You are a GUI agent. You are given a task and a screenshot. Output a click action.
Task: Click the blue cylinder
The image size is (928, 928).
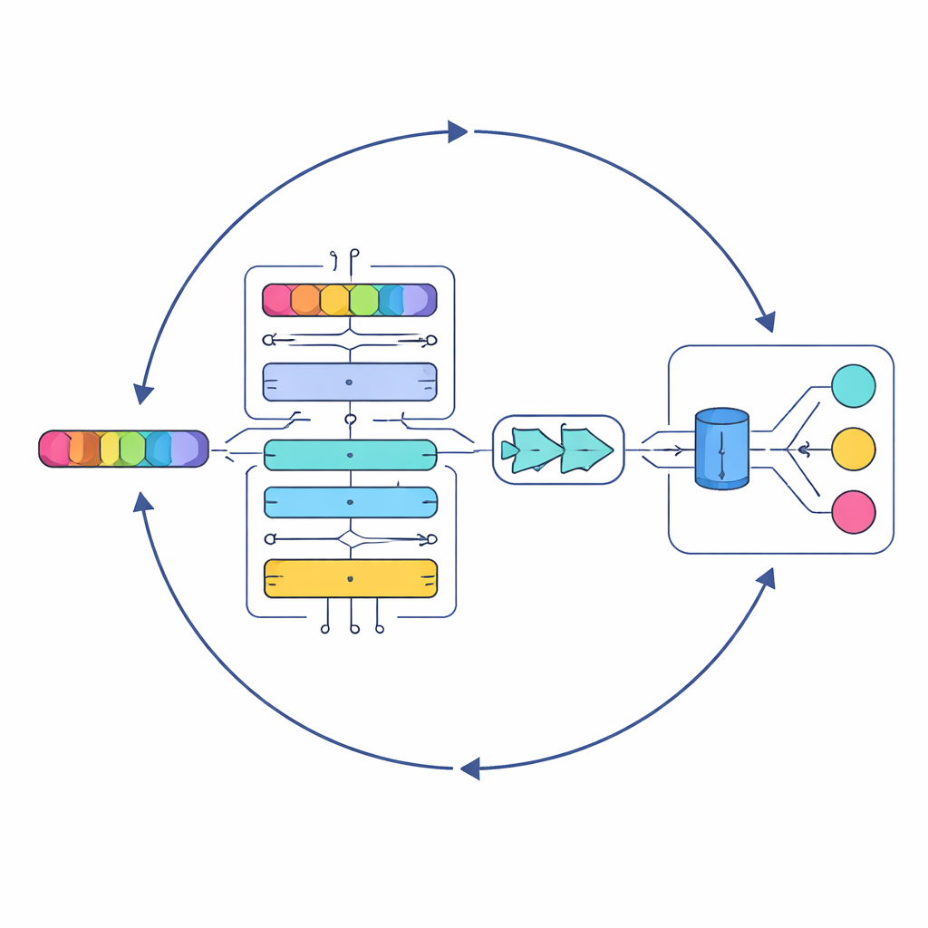coord(721,449)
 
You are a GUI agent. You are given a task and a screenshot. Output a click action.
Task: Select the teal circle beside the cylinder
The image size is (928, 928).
coord(853,386)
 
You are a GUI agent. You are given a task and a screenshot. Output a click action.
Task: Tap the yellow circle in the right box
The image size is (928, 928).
coord(853,449)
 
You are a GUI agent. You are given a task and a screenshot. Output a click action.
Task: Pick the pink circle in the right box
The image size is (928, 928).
coord(853,512)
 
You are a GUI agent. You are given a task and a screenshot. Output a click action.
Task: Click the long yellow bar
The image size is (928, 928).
coord(350,578)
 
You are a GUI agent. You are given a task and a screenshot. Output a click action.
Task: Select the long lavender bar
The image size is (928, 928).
coord(350,382)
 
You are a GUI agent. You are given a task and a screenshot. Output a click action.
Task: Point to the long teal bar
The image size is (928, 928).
coord(350,455)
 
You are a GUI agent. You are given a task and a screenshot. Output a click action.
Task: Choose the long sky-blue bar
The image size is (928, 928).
coord(350,502)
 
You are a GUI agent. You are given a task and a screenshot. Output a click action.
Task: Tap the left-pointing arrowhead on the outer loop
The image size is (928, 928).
coord(469,769)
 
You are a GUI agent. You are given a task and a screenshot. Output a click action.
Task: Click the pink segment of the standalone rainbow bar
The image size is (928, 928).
coord(54,449)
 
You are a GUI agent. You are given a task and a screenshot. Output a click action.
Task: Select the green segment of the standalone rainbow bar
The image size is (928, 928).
coord(132,449)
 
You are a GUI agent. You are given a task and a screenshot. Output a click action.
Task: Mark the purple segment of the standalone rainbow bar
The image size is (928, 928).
coord(188,449)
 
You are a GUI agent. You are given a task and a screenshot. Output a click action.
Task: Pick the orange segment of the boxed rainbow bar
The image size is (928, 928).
coord(305,300)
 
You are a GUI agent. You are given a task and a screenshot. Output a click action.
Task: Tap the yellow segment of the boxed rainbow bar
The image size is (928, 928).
coord(334,300)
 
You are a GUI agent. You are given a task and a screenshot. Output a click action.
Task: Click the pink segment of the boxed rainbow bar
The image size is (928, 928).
coord(276,300)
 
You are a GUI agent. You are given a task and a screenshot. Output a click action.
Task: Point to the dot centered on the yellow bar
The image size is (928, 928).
coord(350,577)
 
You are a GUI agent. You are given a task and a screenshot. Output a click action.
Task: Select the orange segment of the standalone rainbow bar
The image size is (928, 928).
coord(82,449)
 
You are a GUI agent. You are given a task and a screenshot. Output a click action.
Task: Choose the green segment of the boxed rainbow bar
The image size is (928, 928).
coord(363,300)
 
